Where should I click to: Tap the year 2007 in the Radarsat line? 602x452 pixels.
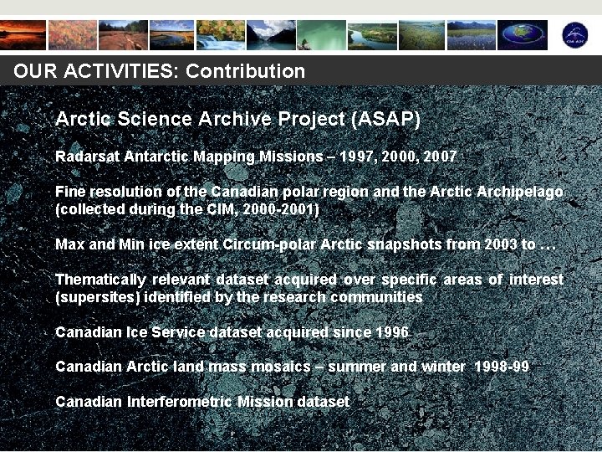pyautogui.click(x=440, y=157)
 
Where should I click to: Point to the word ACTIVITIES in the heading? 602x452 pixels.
pyautogui.click(x=117, y=71)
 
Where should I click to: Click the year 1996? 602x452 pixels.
pyautogui.click(x=392, y=332)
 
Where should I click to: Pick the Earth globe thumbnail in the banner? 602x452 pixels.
pyautogui.click(x=523, y=35)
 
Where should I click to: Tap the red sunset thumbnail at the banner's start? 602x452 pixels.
pyautogui.click(x=23, y=35)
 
